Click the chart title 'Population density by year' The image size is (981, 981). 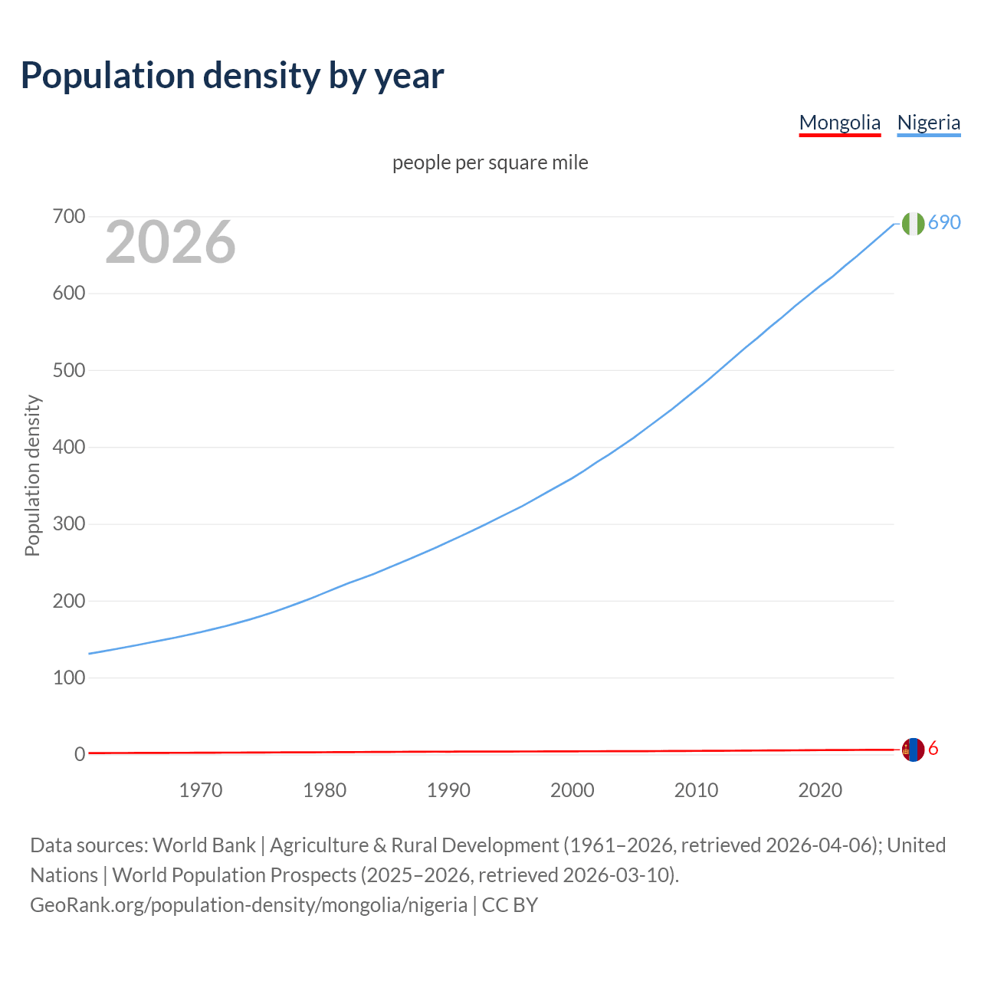point(232,76)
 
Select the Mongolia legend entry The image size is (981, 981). point(839,123)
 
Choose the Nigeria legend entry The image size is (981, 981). point(928,123)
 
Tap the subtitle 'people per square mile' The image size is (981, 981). point(490,162)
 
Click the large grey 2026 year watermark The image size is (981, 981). point(170,242)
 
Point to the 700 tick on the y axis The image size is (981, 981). point(68,217)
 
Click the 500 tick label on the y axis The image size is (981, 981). point(68,370)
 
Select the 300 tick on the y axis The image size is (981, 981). point(68,524)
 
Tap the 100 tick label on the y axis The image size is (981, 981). point(68,678)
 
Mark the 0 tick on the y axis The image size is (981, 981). point(79,754)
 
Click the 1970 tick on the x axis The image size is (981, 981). point(201,790)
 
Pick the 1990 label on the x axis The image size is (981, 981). point(448,790)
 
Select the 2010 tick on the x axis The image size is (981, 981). point(696,790)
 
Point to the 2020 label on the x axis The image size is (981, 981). point(820,790)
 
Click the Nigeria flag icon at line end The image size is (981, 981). point(913,224)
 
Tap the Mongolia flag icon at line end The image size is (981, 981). point(913,750)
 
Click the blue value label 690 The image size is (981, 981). point(944,222)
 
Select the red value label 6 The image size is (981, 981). point(933,749)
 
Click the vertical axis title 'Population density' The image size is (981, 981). point(32,475)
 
